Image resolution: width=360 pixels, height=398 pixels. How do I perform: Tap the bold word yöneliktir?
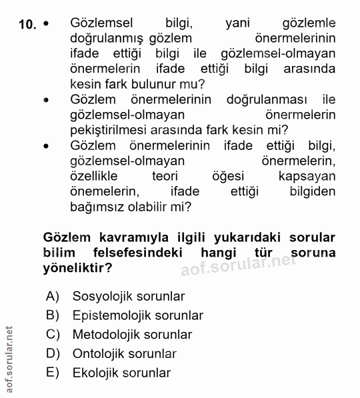click(77, 269)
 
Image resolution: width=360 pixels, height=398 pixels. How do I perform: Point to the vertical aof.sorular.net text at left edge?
click(9, 359)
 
